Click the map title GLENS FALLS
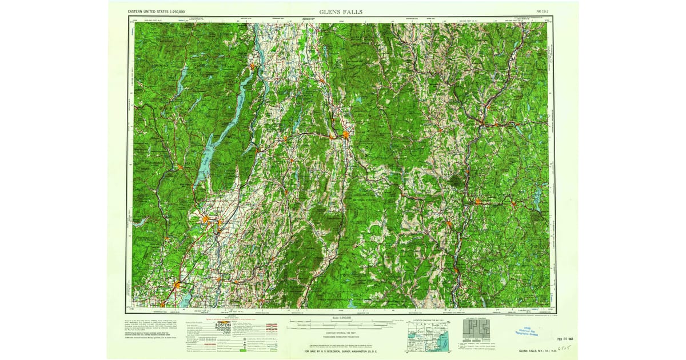tap(341, 11)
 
